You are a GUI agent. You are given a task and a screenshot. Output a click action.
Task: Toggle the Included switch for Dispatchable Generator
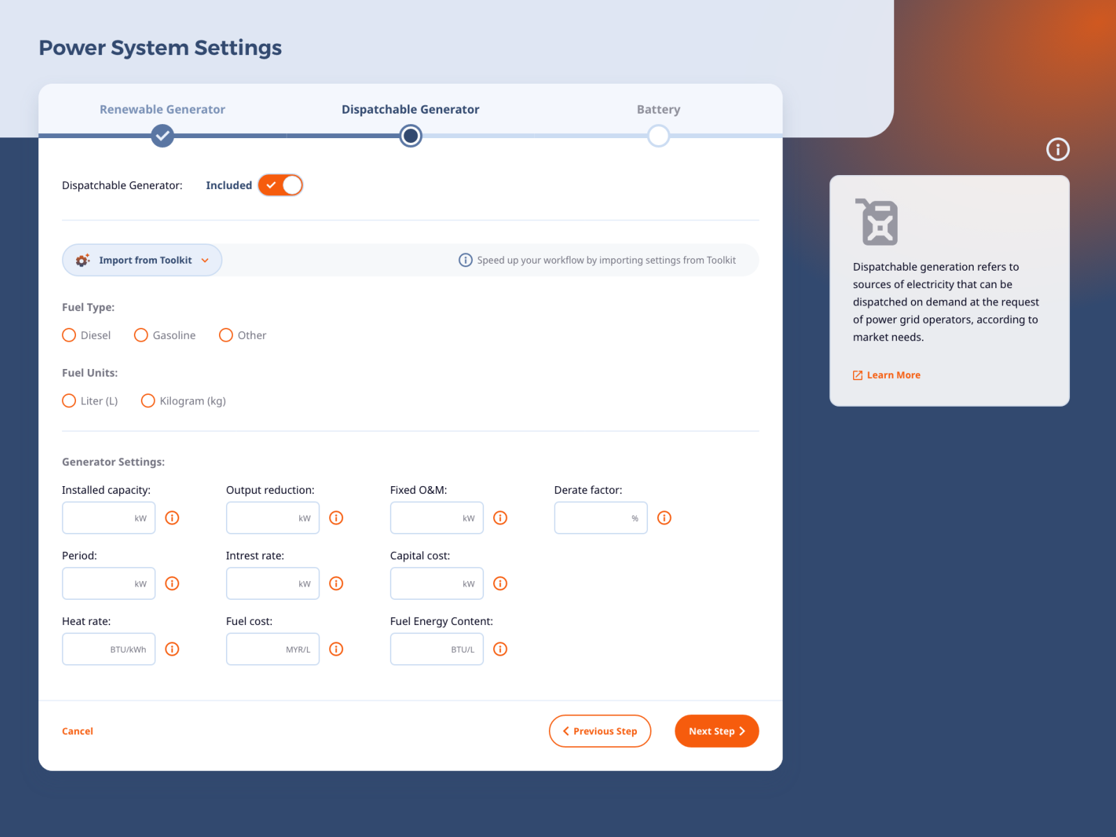tap(280, 186)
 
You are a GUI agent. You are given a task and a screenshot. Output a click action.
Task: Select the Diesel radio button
tap(69, 335)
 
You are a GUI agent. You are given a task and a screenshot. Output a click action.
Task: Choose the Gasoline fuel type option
tap(141, 335)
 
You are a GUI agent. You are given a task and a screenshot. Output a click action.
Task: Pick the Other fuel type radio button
tap(226, 335)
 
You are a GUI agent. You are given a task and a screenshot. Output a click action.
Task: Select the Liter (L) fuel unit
tap(69, 401)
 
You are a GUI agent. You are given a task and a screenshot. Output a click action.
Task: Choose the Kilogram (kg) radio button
tap(148, 401)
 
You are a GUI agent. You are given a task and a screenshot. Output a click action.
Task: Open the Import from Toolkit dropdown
tap(142, 260)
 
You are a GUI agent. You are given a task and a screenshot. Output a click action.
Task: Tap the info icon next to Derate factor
tap(664, 518)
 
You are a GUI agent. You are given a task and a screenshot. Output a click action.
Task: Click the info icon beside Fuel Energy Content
tap(500, 649)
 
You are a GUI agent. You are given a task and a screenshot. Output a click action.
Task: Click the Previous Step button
tap(600, 731)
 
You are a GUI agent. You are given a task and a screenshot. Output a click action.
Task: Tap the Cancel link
tap(77, 731)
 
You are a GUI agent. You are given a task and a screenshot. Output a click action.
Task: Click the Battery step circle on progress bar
tap(658, 136)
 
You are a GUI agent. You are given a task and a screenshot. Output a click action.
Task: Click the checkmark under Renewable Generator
tap(163, 136)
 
